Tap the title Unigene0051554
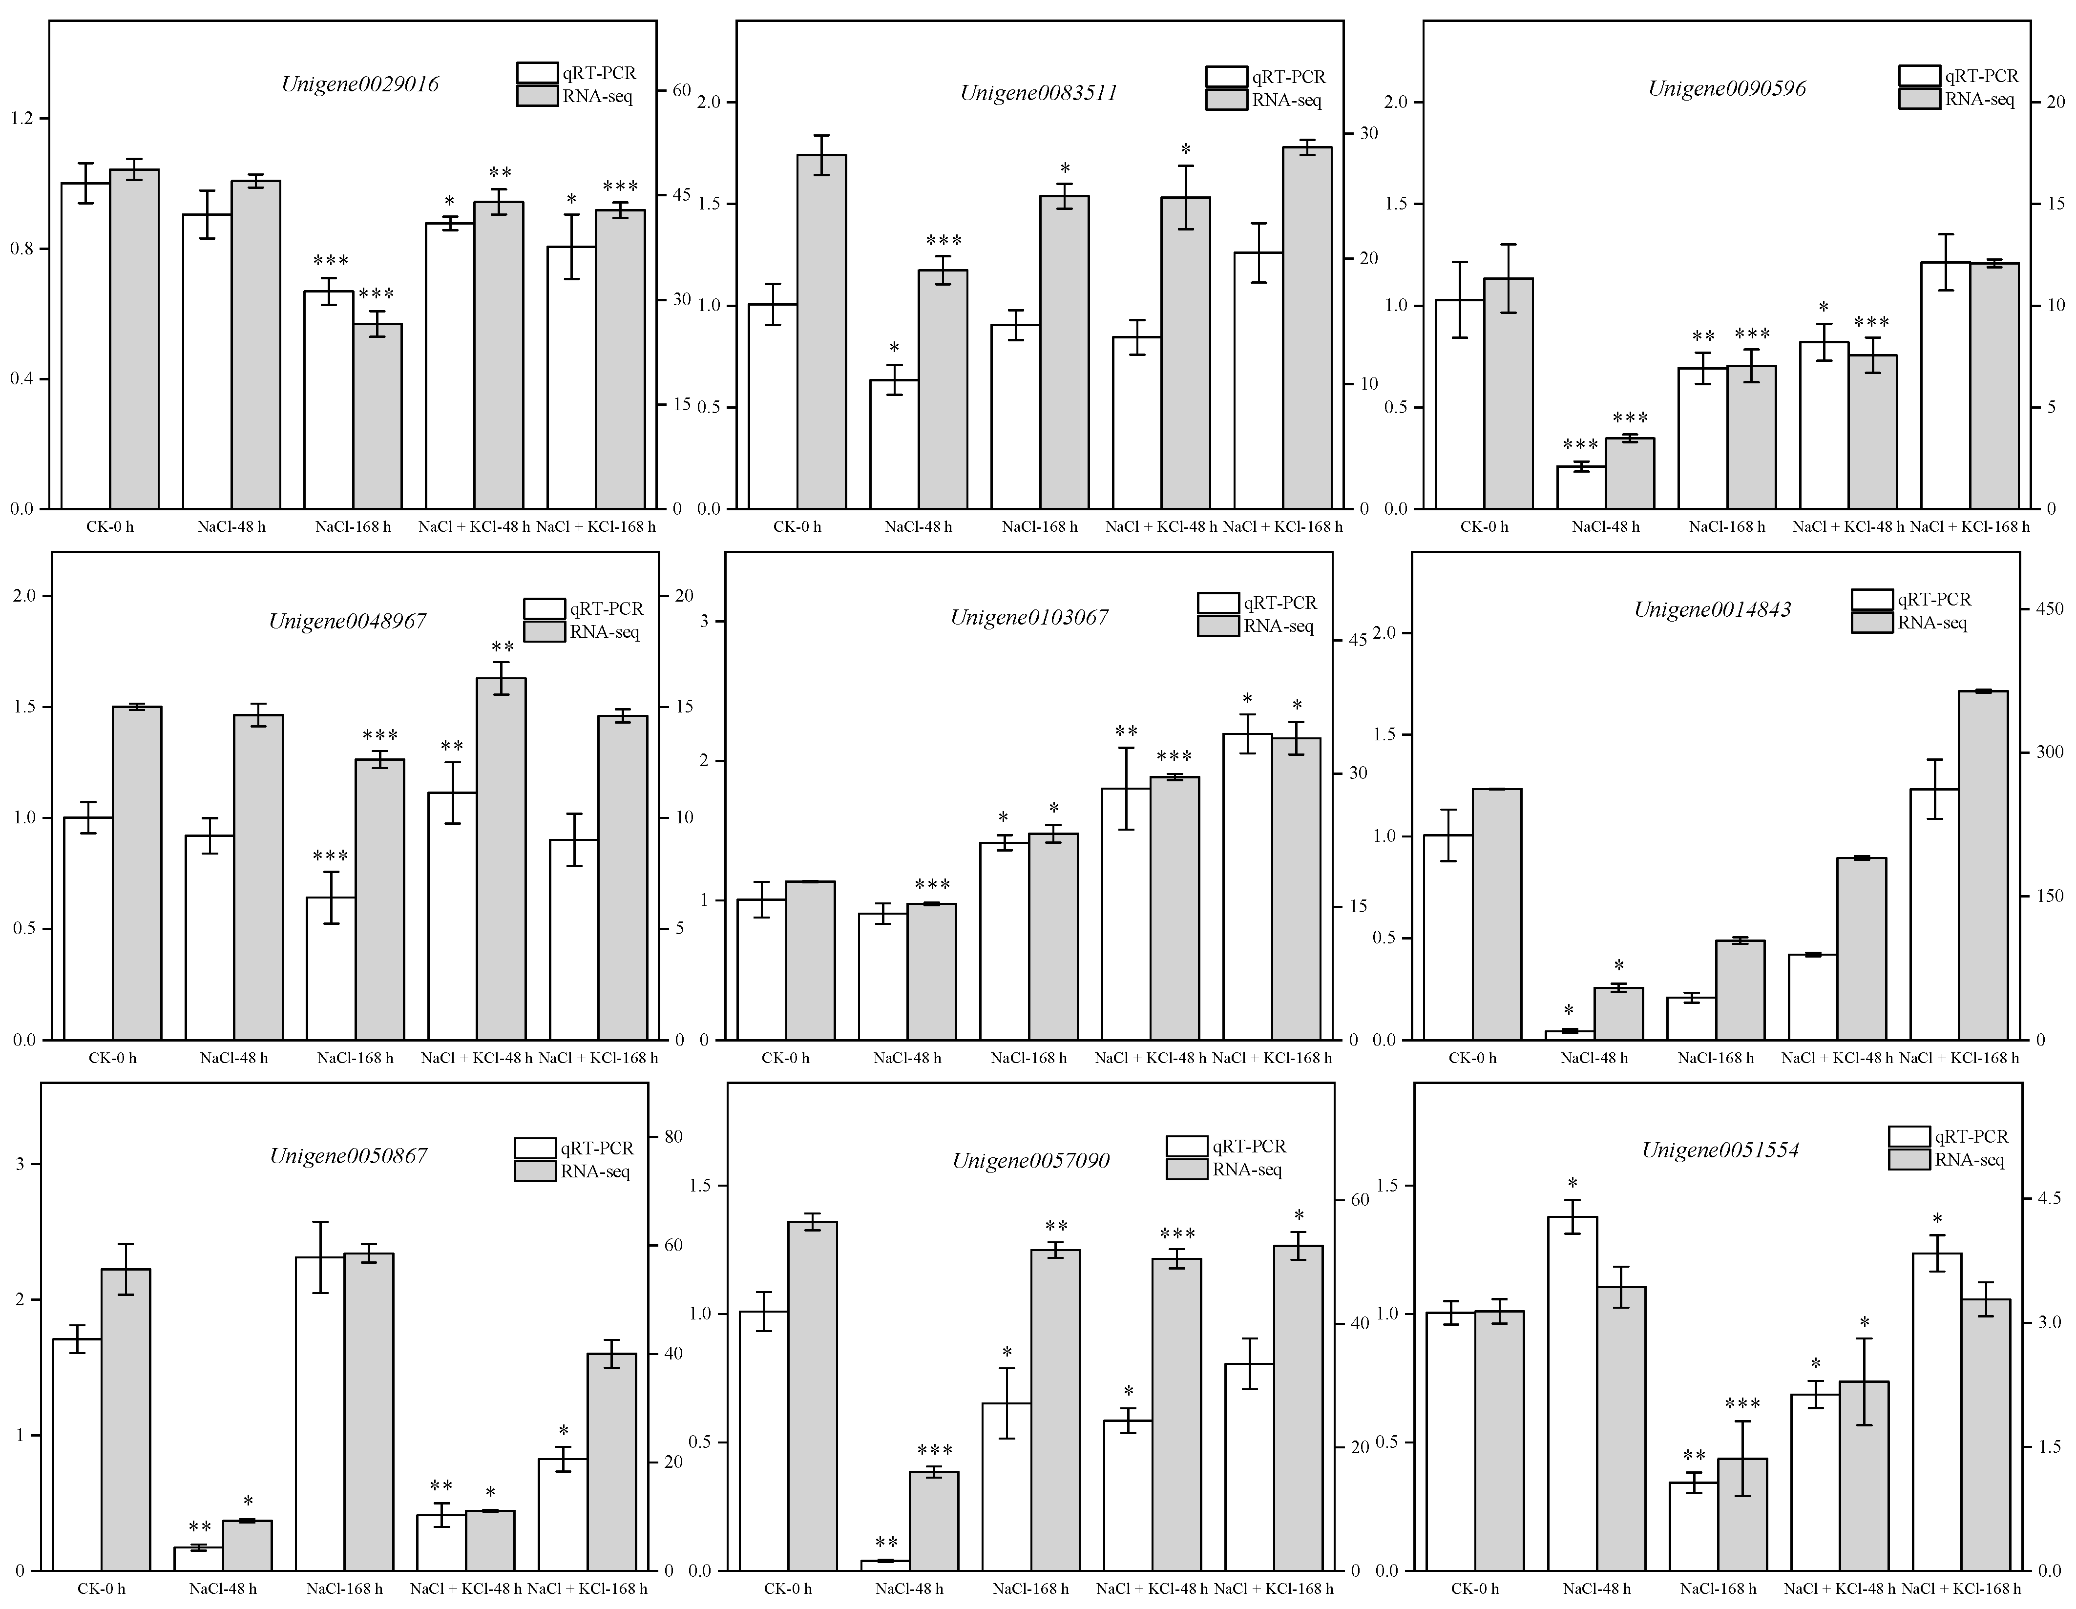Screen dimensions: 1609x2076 coord(1720,1150)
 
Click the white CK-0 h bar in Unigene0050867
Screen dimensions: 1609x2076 coord(77,1454)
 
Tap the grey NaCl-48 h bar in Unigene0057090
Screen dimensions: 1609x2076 coord(933,1521)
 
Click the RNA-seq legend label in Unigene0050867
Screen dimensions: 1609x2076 coord(595,1171)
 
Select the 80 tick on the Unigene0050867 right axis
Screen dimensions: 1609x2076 coord(673,1137)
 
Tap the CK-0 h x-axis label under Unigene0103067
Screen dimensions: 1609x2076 coord(785,1058)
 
